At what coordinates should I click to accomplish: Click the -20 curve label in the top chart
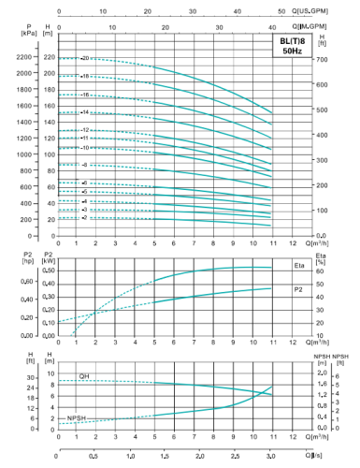[84, 58]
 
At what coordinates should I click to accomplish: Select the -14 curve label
[84, 112]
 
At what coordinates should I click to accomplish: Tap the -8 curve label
[84, 165]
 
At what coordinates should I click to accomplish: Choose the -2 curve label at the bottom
[84, 217]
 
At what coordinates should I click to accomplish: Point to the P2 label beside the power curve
[297, 289]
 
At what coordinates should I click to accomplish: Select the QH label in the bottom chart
[84, 376]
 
